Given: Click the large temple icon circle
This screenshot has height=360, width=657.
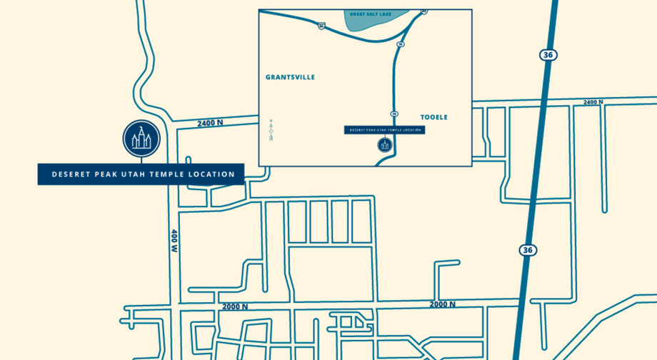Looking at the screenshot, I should pos(141,138).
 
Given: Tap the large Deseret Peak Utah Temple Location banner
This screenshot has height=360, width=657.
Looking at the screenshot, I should pos(141,174).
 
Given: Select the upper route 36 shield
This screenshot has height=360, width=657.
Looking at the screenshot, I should pos(548,55).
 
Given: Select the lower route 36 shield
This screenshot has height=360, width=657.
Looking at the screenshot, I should pos(528,250).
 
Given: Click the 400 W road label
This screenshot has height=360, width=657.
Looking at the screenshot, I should pos(174,241).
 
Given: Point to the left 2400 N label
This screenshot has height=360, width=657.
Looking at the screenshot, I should pos(210,123).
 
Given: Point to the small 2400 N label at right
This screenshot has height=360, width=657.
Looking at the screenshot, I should pos(593,102).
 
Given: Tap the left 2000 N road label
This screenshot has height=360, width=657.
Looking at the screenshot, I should pos(235,306).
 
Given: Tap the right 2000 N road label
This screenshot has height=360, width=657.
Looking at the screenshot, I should pos(442,304).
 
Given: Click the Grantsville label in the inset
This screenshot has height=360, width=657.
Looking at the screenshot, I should pos(290,77).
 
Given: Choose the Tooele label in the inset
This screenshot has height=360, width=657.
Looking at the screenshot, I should pos(433,117).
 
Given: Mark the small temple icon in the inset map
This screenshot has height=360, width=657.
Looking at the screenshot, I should pos(385,145).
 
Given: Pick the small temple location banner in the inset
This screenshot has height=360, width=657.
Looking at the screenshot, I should pos(384,130).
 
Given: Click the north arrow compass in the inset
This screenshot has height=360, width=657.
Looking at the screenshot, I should pos(271,129).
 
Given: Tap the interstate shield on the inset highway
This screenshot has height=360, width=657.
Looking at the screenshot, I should pos(322,26).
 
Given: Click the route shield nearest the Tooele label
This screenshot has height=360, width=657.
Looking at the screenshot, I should pos(394,114).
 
